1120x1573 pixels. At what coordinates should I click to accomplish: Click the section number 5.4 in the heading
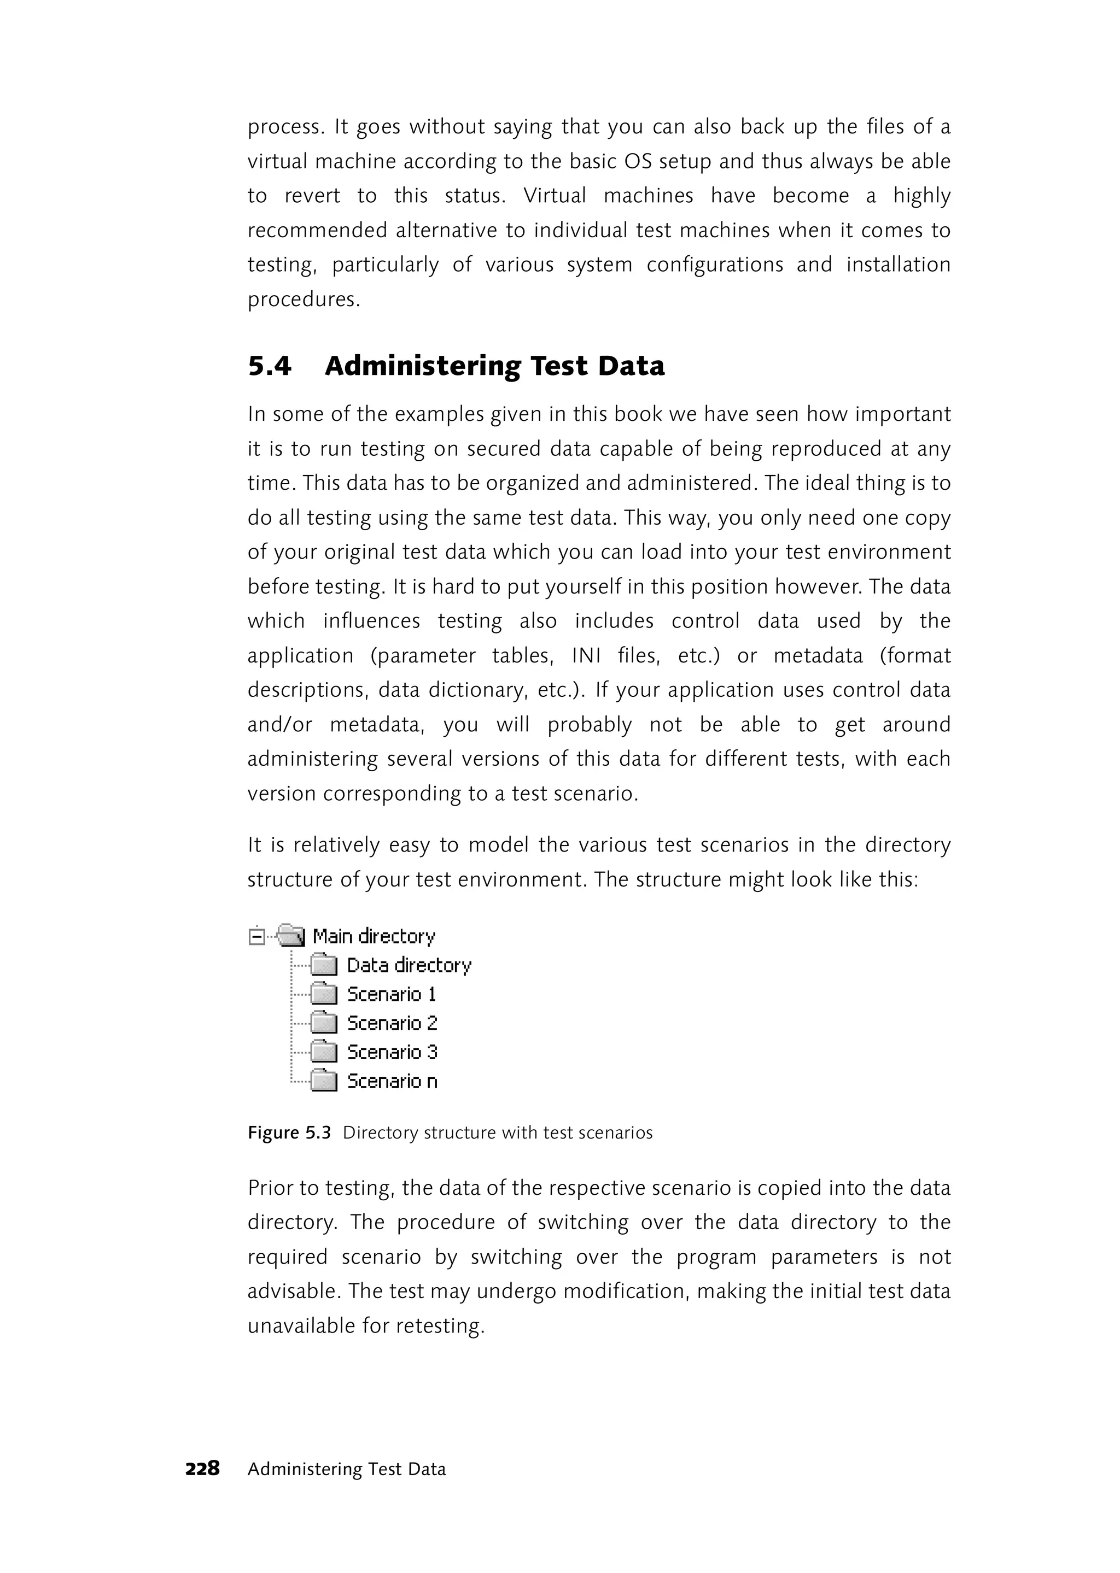click(x=270, y=366)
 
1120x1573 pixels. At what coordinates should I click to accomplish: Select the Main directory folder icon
click(x=290, y=936)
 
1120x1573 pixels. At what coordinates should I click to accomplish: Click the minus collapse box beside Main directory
click(x=256, y=937)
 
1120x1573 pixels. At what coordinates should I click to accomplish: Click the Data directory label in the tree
click(x=409, y=965)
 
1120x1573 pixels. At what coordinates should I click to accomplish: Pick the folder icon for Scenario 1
click(x=323, y=994)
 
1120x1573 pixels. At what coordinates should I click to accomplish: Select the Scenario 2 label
click(x=392, y=1023)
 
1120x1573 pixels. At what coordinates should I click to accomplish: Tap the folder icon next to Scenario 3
click(x=323, y=1052)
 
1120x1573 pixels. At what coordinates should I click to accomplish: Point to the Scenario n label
click(x=392, y=1081)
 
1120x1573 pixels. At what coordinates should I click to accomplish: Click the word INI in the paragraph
click(x=586, y=655)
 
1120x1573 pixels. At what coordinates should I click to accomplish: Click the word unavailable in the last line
click(x=302, y=1325)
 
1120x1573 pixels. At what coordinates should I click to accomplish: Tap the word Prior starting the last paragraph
click(x=270, y=1188)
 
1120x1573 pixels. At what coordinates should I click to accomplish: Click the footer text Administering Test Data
click(x=347, y=1469)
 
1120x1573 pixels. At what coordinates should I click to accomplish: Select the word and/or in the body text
click(x=280, y=724)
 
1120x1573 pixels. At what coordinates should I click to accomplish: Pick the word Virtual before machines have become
click(x=555, y=196)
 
